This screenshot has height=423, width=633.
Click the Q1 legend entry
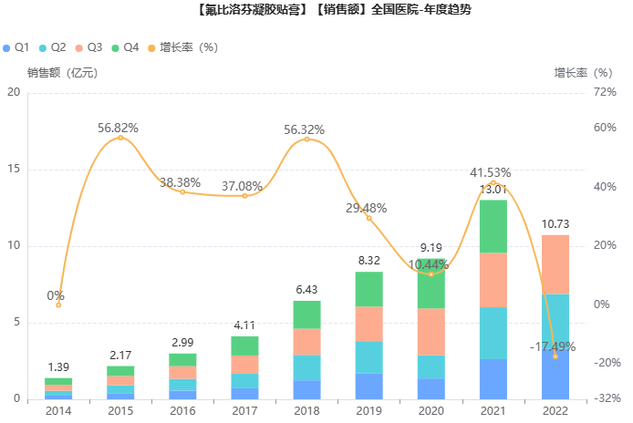point(16,47)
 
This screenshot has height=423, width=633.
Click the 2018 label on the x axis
point(306,411)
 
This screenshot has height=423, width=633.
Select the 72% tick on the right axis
point(606,92)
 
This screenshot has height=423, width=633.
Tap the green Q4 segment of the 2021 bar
point(493,226)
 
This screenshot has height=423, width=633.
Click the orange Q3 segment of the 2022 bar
point(555,264)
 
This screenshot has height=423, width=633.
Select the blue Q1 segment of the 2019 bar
point(369,387)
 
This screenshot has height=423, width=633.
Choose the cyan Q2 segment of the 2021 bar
point(493,333)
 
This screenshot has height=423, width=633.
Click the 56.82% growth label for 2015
point(119,129)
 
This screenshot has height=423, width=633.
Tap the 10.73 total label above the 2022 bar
point(555,224)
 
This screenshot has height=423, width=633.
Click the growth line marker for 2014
point(59,304)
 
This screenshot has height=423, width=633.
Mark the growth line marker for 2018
point(306,139)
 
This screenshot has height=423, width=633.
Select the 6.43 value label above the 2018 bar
point(307,290)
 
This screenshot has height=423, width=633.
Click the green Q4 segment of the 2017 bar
point(245,346)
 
